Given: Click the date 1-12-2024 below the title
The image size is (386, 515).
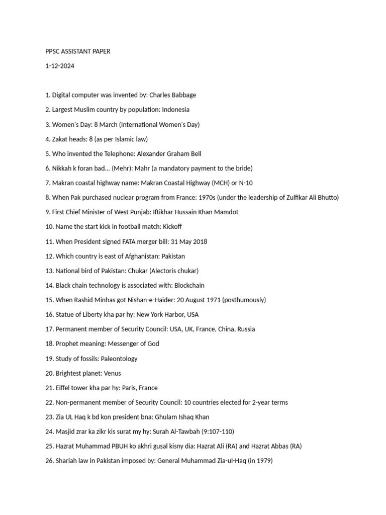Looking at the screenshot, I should pyautogui.click(x=59, y=66).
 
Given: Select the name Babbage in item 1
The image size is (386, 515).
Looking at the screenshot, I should pyautogui.click(x=184, y=95).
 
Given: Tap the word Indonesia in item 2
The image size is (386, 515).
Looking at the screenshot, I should pyautogui.click(x=175, y=110).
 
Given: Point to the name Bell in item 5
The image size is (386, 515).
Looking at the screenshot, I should pyautogui.click(x=195, y=153).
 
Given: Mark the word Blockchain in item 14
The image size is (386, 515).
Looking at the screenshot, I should pyautogui.click(x=189, y=285).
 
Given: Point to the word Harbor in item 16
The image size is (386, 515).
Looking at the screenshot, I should pyautogui.click(x=169, y=315).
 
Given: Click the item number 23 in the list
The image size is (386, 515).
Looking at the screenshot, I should pyautogui.click(x=49, y=417).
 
